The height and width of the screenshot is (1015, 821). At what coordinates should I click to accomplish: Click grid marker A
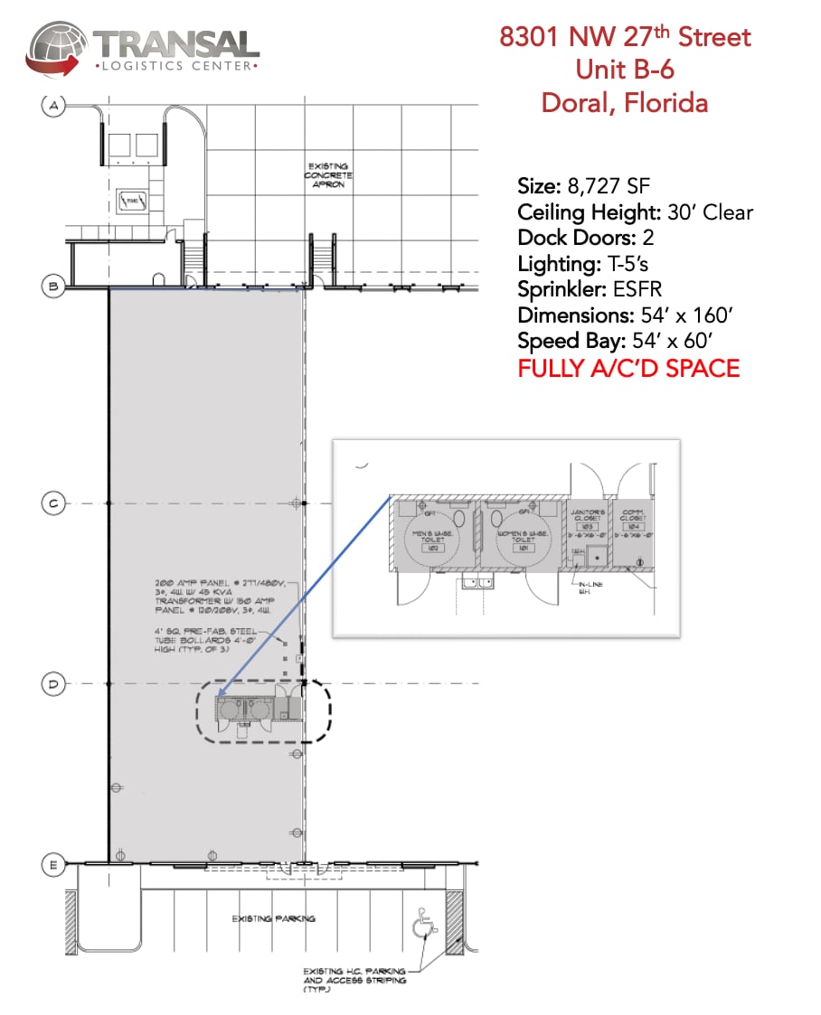pos(53,107)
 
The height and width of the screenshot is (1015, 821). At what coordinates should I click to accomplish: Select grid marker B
pos(53,287)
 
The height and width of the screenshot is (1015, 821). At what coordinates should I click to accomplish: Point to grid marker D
pos(53,684)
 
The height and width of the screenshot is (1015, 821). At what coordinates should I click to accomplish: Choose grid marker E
pos(53,865)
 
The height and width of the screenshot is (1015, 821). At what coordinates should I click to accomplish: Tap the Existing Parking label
pos(273,918)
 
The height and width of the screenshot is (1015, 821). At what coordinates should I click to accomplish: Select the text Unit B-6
pos(625,69)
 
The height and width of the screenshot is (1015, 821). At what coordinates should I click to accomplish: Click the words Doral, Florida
pos(625,102)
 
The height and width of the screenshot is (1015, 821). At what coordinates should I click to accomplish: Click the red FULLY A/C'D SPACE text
pos(628,368)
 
